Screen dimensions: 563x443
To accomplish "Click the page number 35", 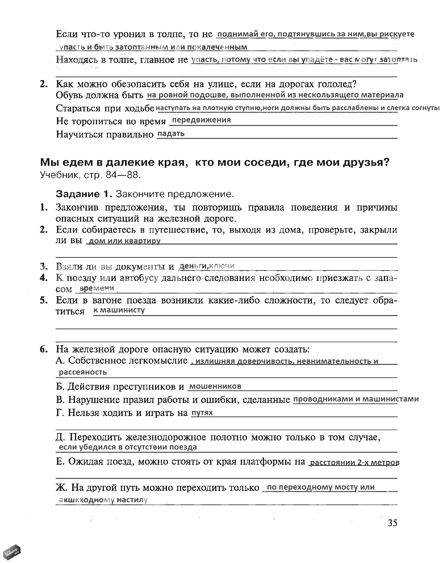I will click(x=392, y=523).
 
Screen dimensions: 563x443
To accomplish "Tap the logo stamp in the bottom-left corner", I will click(x=12, y=550).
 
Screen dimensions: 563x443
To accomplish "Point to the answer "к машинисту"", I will click(x=119, y=310).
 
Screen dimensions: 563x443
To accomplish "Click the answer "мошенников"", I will click(x=215, y=386).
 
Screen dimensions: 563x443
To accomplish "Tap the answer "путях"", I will click(x=202, y=413).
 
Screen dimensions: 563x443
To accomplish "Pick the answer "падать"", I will click(x=170, y=134).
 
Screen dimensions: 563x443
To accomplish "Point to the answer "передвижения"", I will click(x=201, y=120).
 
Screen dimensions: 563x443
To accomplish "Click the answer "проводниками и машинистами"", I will click(x=356, y=399).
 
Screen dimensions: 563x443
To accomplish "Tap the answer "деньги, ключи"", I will click(x=206, y=266).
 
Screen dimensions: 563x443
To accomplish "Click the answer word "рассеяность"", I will click(x=83, y=372).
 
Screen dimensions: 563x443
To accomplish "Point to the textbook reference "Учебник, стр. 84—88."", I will click(x=90, y=175).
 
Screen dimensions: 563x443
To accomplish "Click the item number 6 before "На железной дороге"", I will click(x=44, y=348).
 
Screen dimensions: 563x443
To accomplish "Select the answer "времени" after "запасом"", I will click(x=94, y=288).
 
